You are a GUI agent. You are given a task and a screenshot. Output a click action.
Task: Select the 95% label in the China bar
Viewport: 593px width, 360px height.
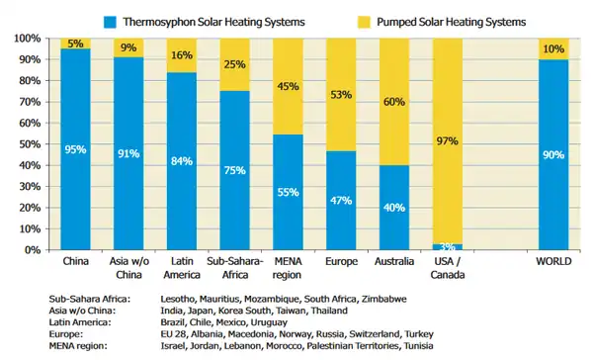pos(75,150)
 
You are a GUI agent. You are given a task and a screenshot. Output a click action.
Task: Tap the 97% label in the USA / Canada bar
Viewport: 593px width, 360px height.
pos(447,141)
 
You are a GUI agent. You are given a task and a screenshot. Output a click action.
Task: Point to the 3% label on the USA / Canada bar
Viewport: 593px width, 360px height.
pos(447,245)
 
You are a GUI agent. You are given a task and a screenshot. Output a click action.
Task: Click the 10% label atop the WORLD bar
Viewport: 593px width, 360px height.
pos(553,49)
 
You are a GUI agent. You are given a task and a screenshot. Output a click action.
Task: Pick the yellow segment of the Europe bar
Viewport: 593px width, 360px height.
pos(341,94)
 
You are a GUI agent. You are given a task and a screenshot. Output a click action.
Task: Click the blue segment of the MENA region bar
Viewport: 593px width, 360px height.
pos(288,193)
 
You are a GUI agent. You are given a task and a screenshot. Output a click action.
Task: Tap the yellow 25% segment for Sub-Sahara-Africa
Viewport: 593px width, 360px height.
pos(234,64)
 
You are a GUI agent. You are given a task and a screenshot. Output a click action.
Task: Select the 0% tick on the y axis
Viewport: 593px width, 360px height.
pos(30,250)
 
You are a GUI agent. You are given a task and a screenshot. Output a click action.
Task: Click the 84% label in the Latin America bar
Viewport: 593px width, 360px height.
pos(181,161)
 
